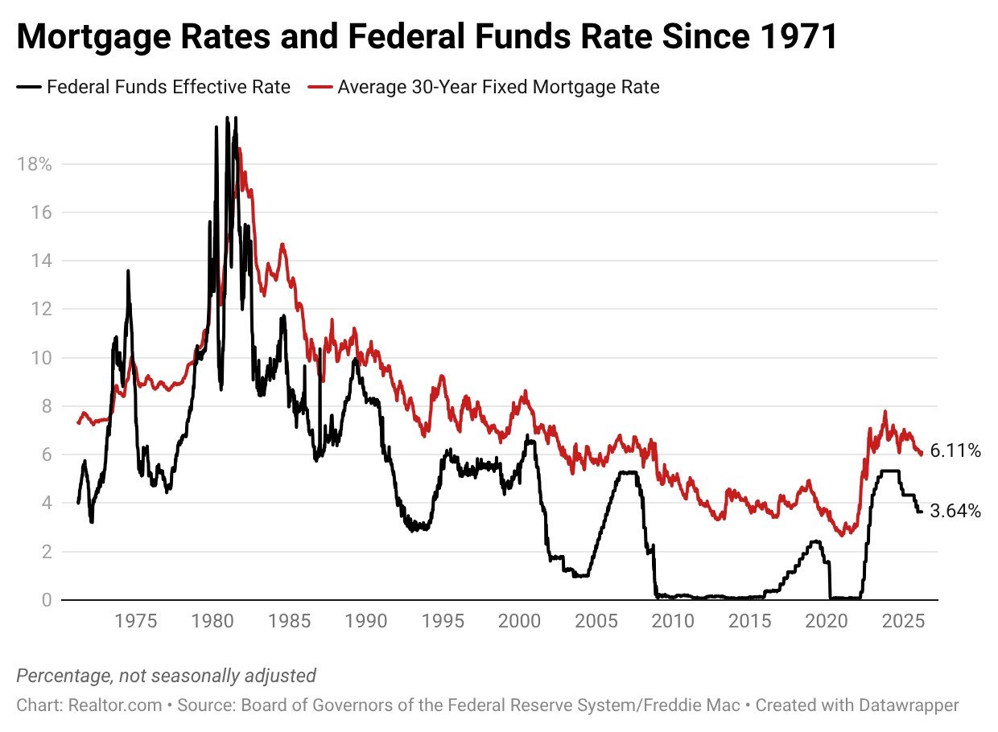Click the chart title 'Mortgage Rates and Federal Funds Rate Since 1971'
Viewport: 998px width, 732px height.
[427, 38]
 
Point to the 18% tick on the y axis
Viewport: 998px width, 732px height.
[34, 164]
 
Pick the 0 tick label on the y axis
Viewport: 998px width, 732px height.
[47, 600]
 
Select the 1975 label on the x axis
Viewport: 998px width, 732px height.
[135, 622]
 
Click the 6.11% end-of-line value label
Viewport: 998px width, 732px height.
[955, 451]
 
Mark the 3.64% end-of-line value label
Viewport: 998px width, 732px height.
[955, 511]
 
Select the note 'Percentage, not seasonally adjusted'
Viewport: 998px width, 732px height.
[166, 676]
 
